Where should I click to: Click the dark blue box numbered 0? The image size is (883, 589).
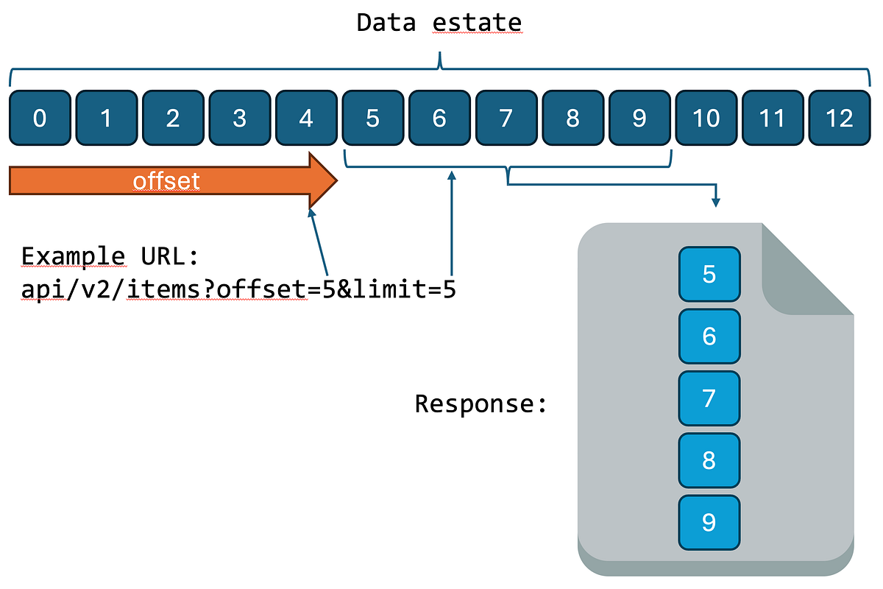(x=40, y=118)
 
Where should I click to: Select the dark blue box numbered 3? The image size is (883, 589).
(x=239, y=118)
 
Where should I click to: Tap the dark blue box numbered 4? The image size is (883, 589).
(x=306, y=118)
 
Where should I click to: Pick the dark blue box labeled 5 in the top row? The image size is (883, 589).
(x=372, y=118)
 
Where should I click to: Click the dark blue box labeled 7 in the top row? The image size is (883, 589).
(x=506, y=118)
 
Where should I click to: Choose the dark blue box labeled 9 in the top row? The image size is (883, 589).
(x=639, y=118)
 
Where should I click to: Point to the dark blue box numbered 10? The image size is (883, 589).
(x=706, y=118)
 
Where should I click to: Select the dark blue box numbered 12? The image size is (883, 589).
(x=839, y=118)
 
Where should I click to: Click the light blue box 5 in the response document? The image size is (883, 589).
(x=709, y=275)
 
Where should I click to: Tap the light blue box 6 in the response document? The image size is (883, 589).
(x=709, y=336)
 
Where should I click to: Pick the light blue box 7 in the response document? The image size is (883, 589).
(x=709, y=398)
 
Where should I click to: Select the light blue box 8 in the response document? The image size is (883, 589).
(x=709, y=460)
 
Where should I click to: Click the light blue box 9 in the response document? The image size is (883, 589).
(x=709, y=522)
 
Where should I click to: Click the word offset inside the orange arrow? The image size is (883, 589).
(x=166, y=181)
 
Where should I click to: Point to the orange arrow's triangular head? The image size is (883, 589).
(x=321, y=180)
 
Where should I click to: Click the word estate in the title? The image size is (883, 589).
(x=477, y=23)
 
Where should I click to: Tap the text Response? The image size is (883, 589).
(x=481, y=403)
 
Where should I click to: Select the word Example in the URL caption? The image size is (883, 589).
(x=73, y=257)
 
